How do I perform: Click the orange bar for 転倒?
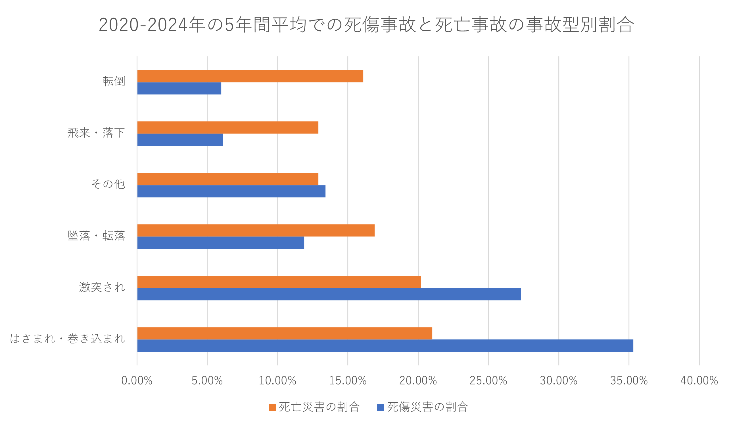[x=250, y=76]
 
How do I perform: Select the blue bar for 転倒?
[x=179, y=88]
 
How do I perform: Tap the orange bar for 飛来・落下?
[x=228, y=128]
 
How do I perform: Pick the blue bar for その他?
[x=231, y=191]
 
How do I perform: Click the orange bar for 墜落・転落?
[x=256, y=230]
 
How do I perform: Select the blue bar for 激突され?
[x=329, y=294]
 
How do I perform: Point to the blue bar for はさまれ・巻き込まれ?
[x=385, y=346]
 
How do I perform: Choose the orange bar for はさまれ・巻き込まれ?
[x=285, y=333]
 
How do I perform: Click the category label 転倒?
[x=114, y=82]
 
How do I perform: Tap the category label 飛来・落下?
[x=96, y=133]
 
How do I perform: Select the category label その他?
[x=108, y=184]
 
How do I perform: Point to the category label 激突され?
[x=102, y=287]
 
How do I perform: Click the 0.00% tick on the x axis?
[x=137, y=381]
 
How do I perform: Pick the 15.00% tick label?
[x=348, y=381]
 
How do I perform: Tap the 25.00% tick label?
[x=488, y=381]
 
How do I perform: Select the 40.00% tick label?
[x=699, y=381]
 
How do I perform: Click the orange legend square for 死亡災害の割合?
[x=272, y=407]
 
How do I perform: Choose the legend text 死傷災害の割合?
[x=428, y=407]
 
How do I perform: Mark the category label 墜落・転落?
[x=96, y=236]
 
